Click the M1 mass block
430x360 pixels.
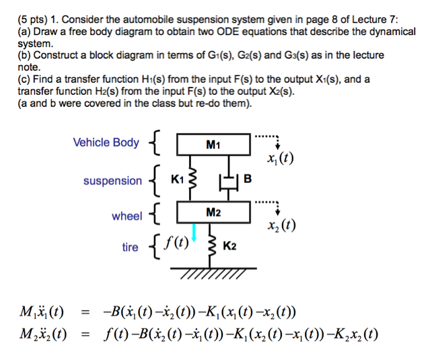tap(213, 143)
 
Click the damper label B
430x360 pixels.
tap(248, 179)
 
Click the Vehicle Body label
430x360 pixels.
tap(106, 142)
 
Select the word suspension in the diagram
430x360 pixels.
tap(112, 180)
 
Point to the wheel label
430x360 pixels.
tap(127, 216)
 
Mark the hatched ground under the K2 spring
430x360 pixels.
tap(212, 271)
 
